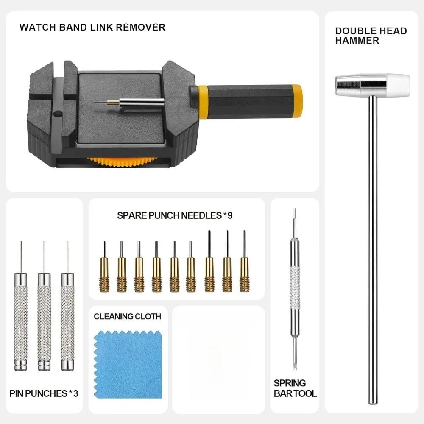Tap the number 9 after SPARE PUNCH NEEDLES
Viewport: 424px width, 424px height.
(x=230, y=215)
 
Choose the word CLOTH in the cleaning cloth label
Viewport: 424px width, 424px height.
(x=148, y=316)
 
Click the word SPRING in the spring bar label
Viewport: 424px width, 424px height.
(x=290, y=383)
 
